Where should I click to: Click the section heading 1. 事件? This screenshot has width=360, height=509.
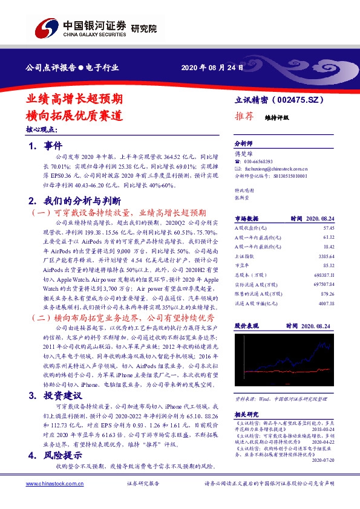[x=45, y=146]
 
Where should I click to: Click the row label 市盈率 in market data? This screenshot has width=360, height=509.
[x=243, y=265]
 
